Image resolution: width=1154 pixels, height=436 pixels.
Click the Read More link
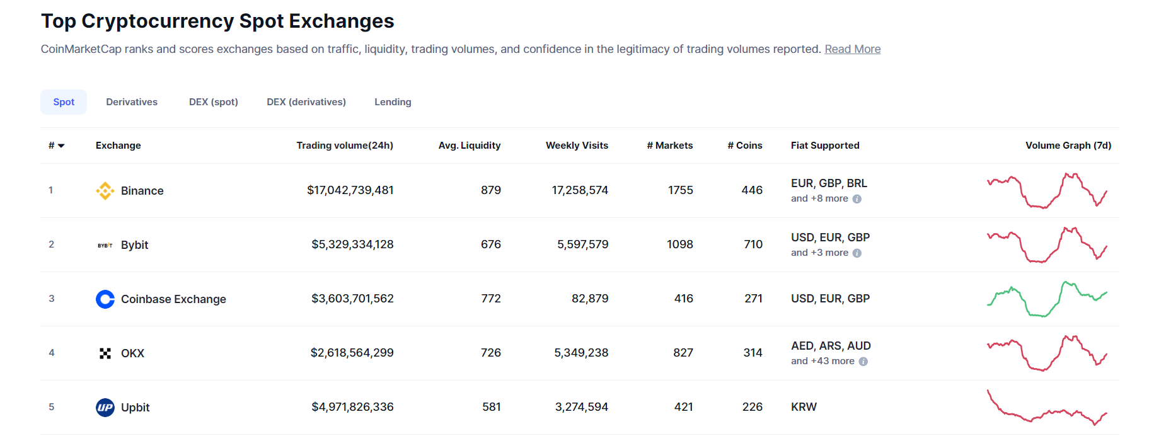click(x=852, y=49)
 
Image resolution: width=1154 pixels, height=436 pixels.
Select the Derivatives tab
click(x=132, y=102)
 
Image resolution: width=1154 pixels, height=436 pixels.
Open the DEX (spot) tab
click(x=213, y=102)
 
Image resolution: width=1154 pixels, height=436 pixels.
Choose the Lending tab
click(x=393, y=102)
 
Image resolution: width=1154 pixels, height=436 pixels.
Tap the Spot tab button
click(x=64, y=102)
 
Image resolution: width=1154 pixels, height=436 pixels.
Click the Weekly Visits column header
click(x=577, y=146)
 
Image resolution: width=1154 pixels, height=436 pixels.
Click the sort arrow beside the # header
click(x=61, y=146)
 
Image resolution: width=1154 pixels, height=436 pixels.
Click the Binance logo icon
click(x=105, y=190)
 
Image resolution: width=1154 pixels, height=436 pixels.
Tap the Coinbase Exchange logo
click(x=105, y=299)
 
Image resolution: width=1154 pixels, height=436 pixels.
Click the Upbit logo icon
click(x=105, y=408)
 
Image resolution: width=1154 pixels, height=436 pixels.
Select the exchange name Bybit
click(x=134, y=245)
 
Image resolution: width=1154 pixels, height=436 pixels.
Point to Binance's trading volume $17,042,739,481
click(x=350, y=190)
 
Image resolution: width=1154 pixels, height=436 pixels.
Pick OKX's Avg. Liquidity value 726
click(x=490, y=353)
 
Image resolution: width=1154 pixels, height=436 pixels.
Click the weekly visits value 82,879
click(x=589, y=299)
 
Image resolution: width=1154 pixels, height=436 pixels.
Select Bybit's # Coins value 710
click(x=753, y=244)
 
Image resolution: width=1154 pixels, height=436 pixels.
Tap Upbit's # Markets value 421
click(x=683, y=407)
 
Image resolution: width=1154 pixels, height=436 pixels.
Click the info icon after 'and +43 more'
click(x=863, y=362)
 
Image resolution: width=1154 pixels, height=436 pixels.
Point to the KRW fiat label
click(x=804, y=407)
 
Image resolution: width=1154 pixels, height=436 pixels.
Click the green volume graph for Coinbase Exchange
click(x=1046, y=299)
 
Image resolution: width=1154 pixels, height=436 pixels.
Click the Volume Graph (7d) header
click(x=1068, y=146)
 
